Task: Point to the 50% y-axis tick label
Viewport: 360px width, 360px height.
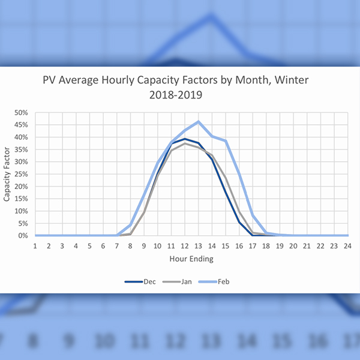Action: pyautogui.click(x=22, y=112)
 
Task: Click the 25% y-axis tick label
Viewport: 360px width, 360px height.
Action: pyautogui.click(x=22, y=174)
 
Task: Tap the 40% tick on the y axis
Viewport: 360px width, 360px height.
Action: pyautogui.click(x=22, y=137)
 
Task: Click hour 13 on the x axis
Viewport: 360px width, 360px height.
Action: pyautogui.click(x=199, y=246)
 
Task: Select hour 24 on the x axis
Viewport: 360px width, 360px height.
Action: pyautogui.click(x=348, y=246)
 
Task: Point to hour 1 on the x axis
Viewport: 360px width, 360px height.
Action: pyautogui.click(x=35, y=246)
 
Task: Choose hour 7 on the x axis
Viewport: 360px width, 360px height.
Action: pyautogui.click(x=117, y=246)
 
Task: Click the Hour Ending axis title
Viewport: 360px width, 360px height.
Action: pyautogui.click(x=191, y=259)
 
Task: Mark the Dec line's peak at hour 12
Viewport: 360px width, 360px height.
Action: pyautogui.click(x=185, y=139)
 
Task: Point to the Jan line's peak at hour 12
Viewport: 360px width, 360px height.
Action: pyautogui.click(x=185, y=143)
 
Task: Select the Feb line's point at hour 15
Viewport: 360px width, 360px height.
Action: pyautogui.click(x=226, y=141)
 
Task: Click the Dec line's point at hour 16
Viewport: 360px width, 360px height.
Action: pyautogui.click(x=239, y=222)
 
